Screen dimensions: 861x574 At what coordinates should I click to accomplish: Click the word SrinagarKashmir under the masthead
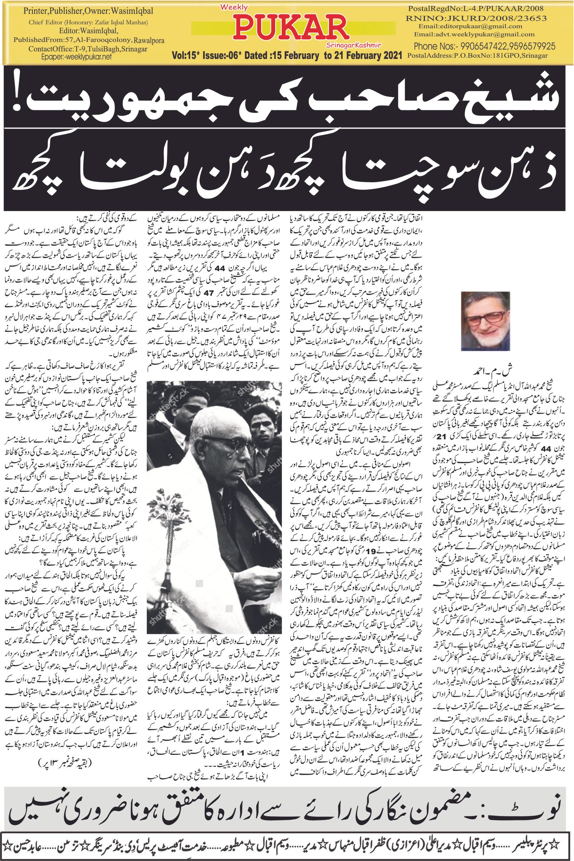(353, 44)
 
